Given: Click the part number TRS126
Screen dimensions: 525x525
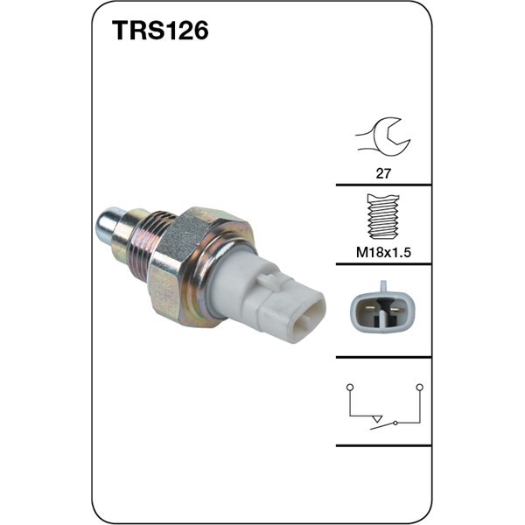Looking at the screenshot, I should pos(159,32).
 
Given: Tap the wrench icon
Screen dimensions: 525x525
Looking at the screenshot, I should pos(382,136).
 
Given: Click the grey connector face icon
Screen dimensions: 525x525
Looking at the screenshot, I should pos(383,309).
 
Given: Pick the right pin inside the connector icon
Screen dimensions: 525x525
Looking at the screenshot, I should pos(394,311).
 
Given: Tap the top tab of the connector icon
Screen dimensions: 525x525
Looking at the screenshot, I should pos(383,286).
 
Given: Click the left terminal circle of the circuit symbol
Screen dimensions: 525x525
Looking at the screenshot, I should pos(349,386).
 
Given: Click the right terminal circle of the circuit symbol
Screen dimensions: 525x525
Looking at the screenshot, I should pos(419,386).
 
